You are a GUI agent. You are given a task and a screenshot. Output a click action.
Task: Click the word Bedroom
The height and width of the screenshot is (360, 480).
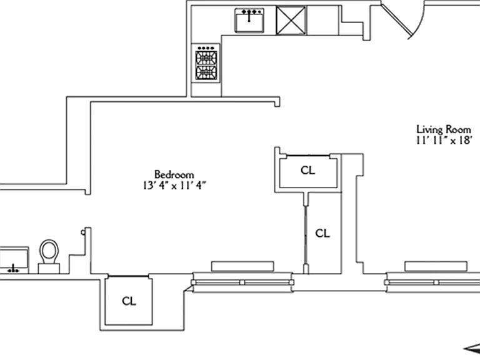174,174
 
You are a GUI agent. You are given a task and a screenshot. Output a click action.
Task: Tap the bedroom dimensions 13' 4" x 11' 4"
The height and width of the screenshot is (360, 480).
174,186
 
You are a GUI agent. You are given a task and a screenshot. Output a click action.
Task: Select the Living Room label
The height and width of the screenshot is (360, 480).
444,129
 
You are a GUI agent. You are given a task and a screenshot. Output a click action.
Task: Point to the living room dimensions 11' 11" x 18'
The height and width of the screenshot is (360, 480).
444,140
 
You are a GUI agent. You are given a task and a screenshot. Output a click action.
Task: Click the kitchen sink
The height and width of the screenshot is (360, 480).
249,20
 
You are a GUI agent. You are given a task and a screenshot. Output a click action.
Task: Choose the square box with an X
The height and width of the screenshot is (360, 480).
291,21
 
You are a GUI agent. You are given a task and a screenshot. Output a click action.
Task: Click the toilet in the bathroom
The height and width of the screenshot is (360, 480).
49,256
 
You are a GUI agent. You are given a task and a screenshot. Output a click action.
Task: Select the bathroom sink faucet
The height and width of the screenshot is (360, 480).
13,269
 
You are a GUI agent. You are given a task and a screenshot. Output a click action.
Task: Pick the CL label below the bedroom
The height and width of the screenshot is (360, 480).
129,301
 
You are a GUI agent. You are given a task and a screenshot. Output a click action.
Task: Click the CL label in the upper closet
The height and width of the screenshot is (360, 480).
307,170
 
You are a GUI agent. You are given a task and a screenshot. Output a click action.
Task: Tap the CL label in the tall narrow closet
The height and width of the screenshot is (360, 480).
322,233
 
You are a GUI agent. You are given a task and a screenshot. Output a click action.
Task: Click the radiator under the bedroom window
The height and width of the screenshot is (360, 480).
242,266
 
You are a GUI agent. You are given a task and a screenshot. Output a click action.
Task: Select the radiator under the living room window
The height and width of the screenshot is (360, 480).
436,266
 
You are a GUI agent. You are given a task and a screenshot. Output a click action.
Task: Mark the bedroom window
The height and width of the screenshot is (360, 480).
242,282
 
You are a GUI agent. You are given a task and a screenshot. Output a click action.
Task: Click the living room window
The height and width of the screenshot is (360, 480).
432,282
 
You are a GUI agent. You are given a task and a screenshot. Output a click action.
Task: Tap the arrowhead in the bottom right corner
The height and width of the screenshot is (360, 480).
473,348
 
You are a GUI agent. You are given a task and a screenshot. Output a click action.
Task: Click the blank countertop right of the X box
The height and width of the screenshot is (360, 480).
322,21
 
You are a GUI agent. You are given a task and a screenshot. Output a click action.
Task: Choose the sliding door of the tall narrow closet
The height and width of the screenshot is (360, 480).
306,235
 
